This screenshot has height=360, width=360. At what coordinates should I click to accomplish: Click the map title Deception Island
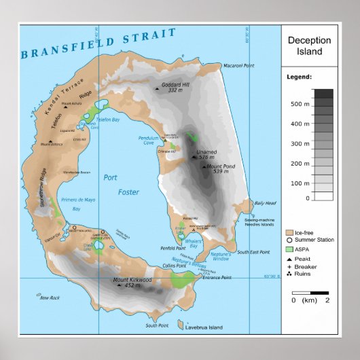coord(309,46)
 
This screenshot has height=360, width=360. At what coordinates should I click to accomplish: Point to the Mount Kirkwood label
coord(132,281)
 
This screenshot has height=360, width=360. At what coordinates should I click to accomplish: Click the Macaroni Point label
coord(238,66)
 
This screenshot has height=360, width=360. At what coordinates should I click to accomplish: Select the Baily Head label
coord(265,203)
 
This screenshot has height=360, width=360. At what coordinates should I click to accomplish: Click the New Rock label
coord(50,298)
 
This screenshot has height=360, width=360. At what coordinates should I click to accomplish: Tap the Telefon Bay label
coord(107,119)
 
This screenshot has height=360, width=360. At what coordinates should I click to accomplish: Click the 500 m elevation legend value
coord(296,105)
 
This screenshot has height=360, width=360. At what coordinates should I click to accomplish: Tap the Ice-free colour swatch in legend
coord(289,233)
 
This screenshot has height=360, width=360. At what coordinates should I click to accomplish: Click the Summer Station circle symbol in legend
coord(289,240)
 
